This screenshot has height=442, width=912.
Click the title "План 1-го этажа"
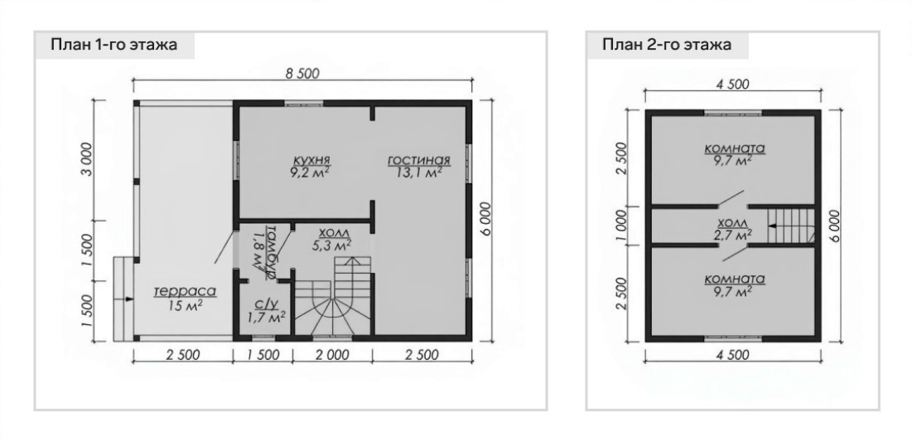point(113,45)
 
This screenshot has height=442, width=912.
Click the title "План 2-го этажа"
point(667,45)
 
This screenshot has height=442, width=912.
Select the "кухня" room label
point(311,159)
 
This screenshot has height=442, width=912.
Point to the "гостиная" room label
point(419,160)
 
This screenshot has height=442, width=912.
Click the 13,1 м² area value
point(420,172)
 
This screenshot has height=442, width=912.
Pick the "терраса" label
point(185,291)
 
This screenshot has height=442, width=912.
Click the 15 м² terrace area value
point(184,304)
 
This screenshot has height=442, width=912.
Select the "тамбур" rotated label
point(271,251)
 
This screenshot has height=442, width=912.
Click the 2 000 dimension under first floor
point(332,355)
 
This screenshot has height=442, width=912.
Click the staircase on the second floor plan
point(790,226)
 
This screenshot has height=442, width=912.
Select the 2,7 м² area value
point(733,234)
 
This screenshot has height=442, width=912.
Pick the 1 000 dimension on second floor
point(620,226)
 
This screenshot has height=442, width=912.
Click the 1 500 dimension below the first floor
point(262,355)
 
